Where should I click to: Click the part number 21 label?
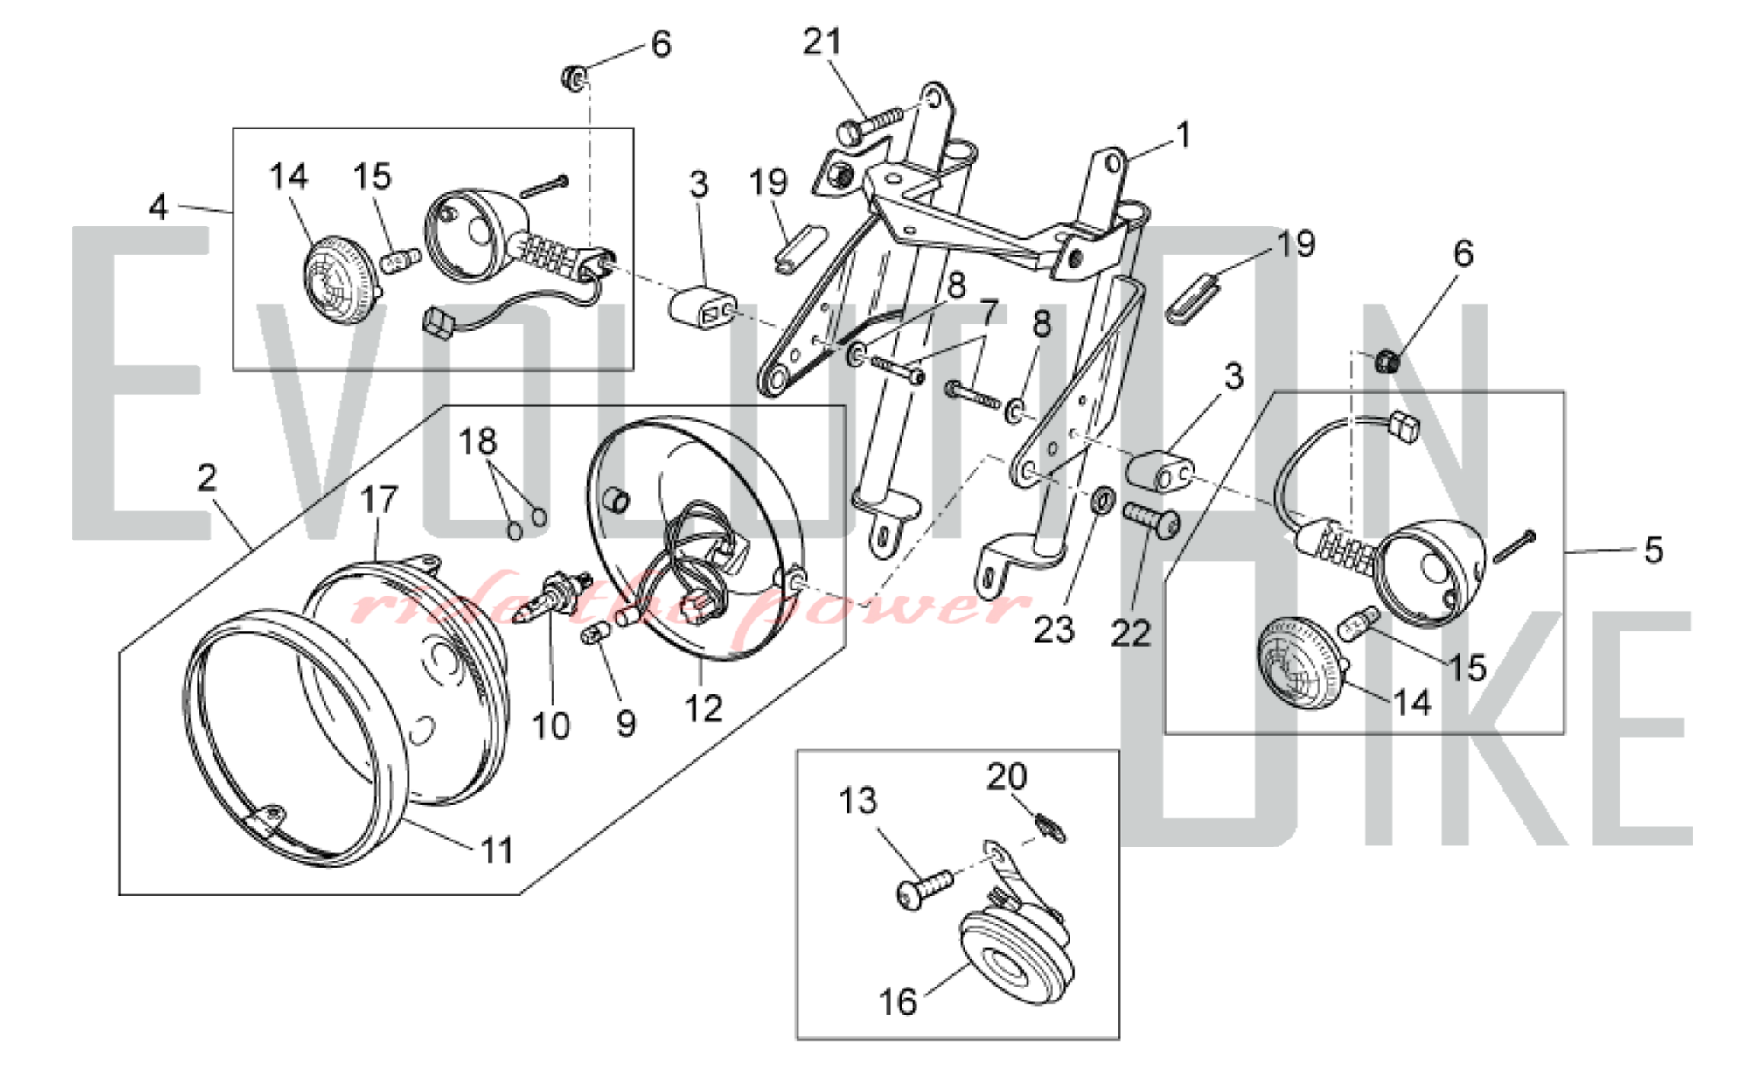pos(822,42)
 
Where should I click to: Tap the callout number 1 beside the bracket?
pos(1183,136)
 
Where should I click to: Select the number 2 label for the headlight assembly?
pos(206,478)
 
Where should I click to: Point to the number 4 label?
pos(158,207)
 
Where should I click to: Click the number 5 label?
pos(1653,550)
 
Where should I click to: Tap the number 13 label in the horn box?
pos(857,801)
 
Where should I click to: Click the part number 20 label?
pos(1007,777)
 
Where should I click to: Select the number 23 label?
pos(1054,630)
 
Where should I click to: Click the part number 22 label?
pos(1130,634)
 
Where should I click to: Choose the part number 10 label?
pos(551,726)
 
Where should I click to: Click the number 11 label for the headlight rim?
pos(497,850)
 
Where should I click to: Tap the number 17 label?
pos(379,500)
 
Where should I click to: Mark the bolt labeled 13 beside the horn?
pos(923,890)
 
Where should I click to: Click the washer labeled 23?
pos(1104,501)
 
